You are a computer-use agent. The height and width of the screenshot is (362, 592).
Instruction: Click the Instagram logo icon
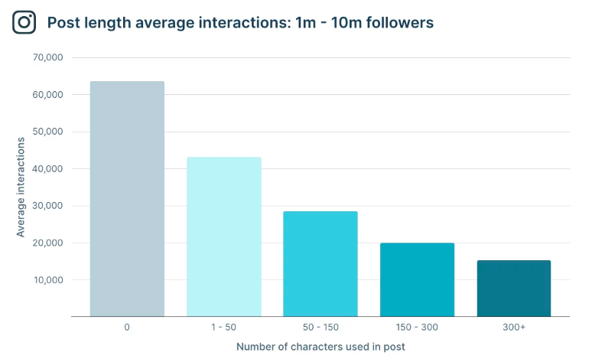click(24, 22)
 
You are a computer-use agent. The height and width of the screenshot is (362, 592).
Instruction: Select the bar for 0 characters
click(127, 199)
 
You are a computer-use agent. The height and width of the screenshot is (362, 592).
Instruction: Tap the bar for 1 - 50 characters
click(223, 237)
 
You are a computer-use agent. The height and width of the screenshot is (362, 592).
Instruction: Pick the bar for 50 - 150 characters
click(320, 264)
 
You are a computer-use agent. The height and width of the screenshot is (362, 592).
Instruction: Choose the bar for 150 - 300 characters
click(417, 280)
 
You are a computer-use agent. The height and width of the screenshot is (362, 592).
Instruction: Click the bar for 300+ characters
click(513, 289)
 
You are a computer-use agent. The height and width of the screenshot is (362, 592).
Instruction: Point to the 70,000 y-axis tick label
click(47, 57)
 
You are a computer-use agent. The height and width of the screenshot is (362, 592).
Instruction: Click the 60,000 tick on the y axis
click(47, 95)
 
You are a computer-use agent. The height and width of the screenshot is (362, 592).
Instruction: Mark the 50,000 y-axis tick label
click(47, 132)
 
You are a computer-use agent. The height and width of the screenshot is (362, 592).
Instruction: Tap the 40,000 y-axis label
click(47, 168)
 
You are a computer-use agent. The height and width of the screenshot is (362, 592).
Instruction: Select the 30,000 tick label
click(47, 206)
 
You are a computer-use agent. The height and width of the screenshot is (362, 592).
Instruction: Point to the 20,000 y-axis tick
click(47, 243)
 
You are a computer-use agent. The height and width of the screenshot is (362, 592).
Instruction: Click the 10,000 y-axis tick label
click(47, 280)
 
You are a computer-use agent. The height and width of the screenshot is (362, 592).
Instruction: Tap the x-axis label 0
click(127, 327)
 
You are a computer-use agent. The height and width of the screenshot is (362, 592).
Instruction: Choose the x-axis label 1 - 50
click(223, 327)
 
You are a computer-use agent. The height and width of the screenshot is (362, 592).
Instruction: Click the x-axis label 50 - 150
click(320, 327)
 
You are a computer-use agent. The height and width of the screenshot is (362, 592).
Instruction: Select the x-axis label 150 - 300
click(417, 327)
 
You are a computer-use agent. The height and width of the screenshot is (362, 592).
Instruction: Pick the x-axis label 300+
click(513, 327)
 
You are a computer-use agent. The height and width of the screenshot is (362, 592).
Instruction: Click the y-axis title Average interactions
click(21, 187)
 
